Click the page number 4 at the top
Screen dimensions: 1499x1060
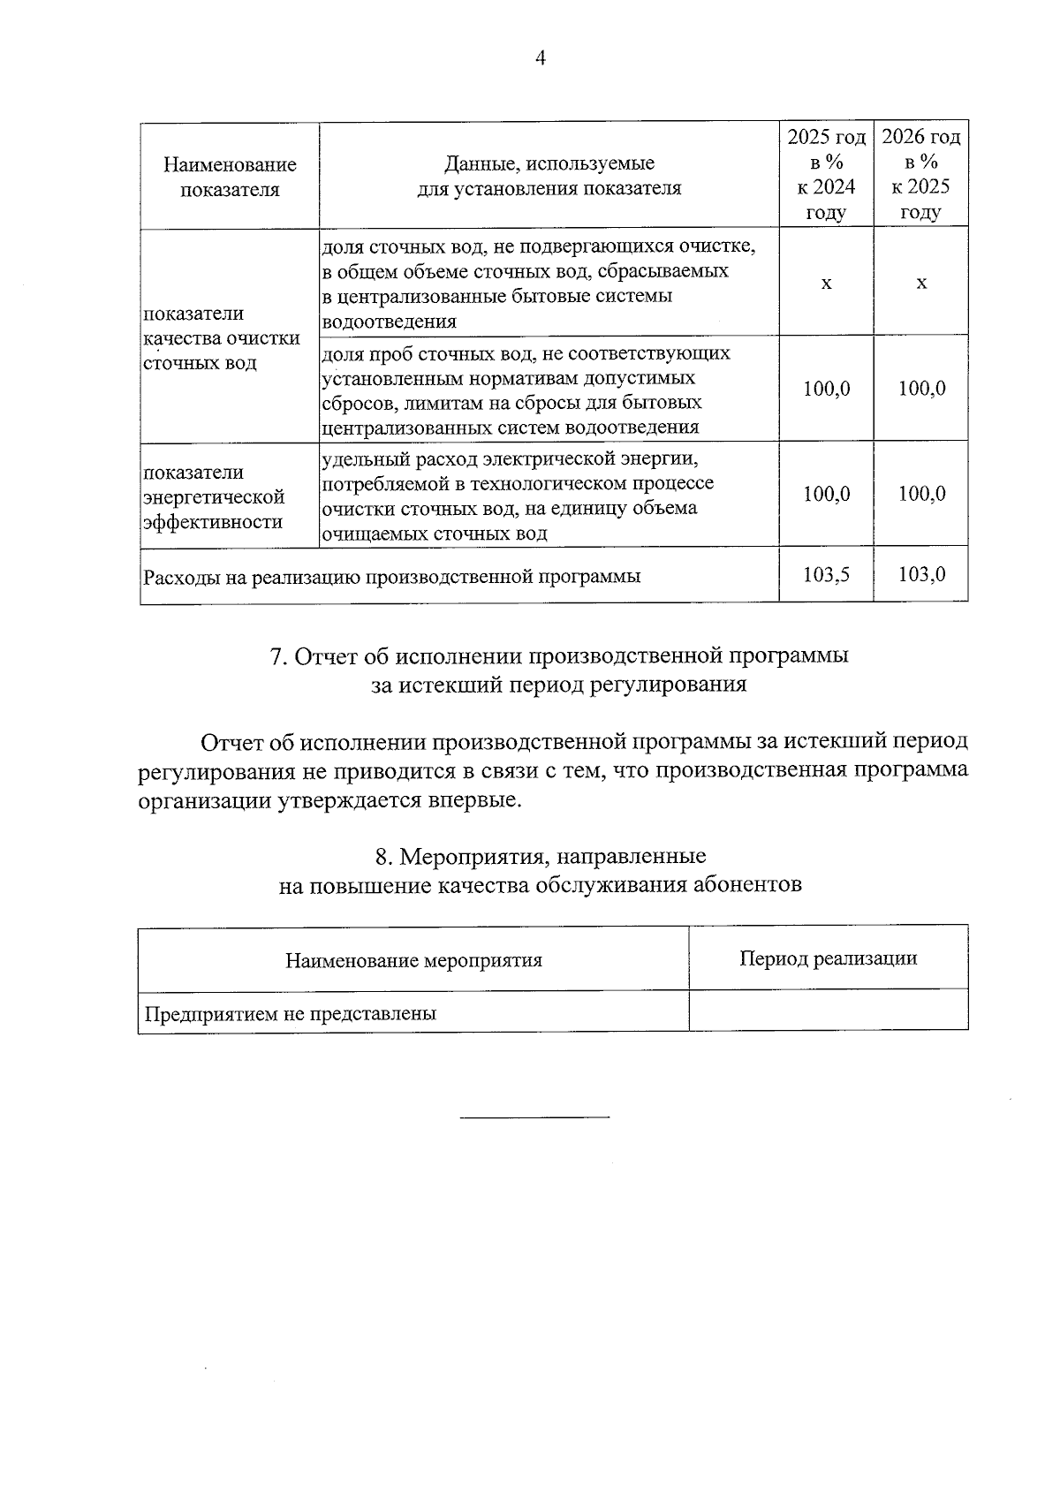pyautogui.click(x=541, y=58)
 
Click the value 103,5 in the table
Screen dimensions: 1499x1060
pyautogui.click(x=826, y=574)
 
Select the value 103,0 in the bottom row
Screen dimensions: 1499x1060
pyautogui.click(x=921, y=574)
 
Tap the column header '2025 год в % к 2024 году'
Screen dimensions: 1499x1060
pyautogui.click(x=826, y=174)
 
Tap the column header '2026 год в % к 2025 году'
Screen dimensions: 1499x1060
pyautogui.click(x=921, y=174)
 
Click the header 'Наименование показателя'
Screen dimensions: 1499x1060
pyautogui.click(x=230, y=177)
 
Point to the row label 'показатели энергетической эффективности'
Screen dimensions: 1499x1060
pyautogui.click(x=214, y=496)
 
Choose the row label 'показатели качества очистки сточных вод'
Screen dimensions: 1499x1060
pyautogui.click(x=221, y=338)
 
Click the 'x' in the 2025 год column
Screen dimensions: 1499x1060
pyautogui.click(x=826, y=284)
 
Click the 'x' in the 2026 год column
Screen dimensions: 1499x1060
pyautogui.click(x=921, y=284)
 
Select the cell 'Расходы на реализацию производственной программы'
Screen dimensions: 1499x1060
pyautogui.click(x=392, y=577)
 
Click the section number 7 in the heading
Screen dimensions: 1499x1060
pyautogui.click(x=276, y=656)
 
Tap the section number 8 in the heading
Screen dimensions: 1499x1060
pyautogui.click(x=382, y=856)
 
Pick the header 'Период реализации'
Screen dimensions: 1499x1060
pyautogui.click(x=828, y=958)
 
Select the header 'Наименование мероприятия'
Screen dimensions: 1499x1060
pyautogui.click(x=413, y=960)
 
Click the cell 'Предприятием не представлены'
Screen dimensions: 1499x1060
pyautogui.click(x=291, y=1014)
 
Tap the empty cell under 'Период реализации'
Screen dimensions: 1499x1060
pyautogui.click(x=828, y=1010)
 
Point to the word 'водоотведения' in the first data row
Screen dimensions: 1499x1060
pyautogui.click(x=390, y=322)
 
